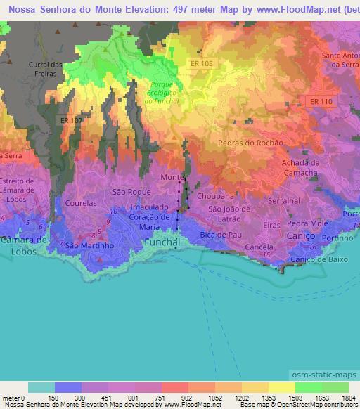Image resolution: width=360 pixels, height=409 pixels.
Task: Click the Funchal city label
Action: (x=162, y=242)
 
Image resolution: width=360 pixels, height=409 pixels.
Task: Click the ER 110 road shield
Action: (x=321, y=102)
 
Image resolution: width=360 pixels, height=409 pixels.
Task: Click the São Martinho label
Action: (x=89, y=246)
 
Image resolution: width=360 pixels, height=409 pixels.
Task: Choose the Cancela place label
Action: (x=259, y=247)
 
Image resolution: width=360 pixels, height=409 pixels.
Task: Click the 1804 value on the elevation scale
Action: (x=348, y=398)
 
